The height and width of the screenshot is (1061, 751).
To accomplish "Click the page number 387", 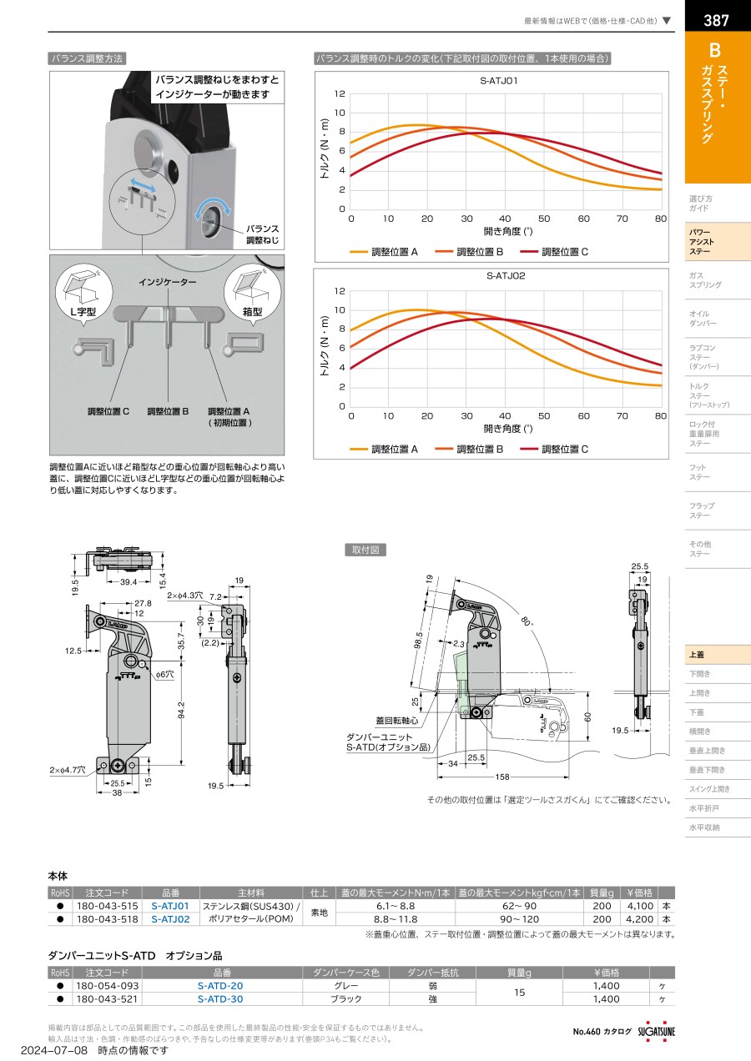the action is [x=716, y=20].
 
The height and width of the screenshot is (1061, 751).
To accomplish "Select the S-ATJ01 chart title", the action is [x=498, y=81].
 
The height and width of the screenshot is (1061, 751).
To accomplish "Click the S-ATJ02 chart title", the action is [x=506, y=275].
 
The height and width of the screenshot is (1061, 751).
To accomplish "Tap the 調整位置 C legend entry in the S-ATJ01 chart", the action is [x=554, y=252].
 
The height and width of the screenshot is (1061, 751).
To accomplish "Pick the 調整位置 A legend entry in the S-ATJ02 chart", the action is [x=384, y=449].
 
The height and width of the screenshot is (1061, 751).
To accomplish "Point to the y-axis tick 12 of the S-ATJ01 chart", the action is [x=340, y=93].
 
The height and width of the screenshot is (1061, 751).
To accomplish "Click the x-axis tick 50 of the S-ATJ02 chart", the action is [x=544, y=416].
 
